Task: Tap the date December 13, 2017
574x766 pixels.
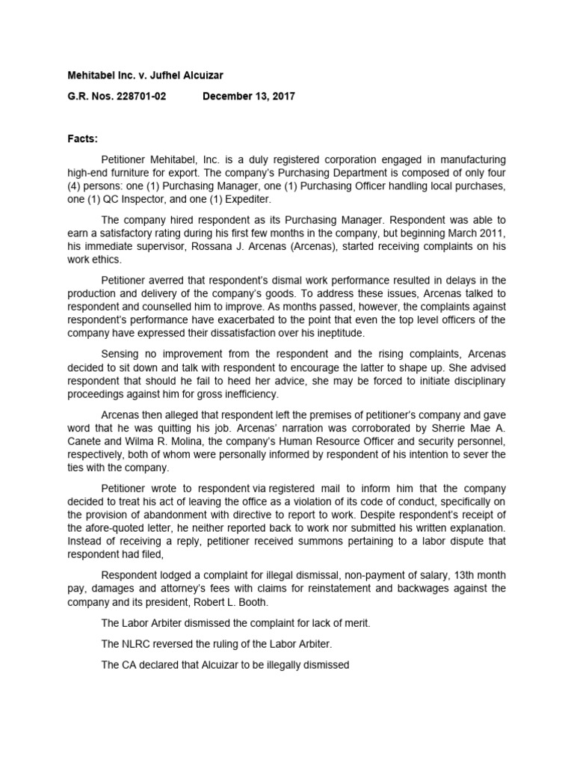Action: click(249, 96)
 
